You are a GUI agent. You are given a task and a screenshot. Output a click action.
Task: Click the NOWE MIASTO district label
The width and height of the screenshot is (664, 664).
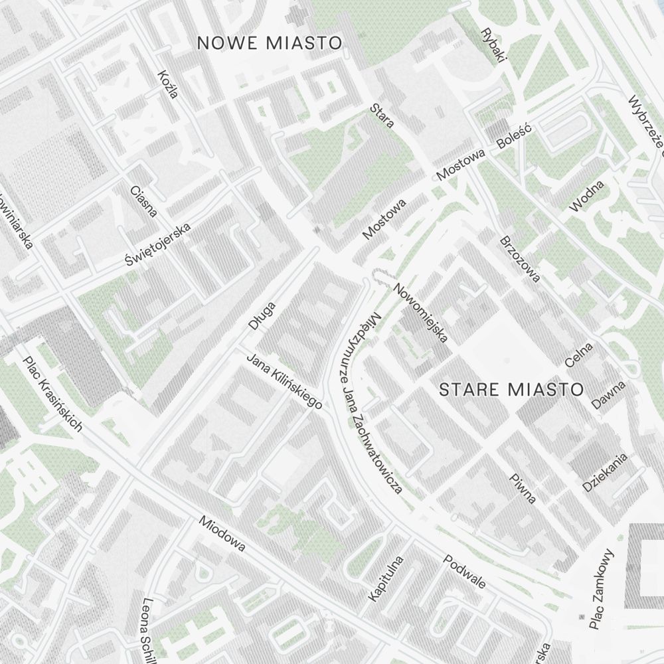coord(270,43)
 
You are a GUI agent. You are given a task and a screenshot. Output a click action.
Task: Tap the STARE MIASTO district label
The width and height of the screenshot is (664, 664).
coord(511,389)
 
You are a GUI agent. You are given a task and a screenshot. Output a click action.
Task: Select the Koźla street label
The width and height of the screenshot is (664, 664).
coord(168,84)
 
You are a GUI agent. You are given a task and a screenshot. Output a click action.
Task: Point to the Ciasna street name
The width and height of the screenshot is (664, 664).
coord(144,201)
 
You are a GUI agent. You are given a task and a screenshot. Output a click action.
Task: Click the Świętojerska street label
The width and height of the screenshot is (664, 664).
coord(158,245)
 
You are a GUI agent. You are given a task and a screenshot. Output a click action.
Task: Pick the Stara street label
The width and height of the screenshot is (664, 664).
coord(383,115)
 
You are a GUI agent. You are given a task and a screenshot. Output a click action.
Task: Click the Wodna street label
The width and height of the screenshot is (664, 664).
coord(587,196)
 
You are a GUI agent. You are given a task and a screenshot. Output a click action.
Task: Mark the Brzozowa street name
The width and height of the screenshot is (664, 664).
coord(519,258)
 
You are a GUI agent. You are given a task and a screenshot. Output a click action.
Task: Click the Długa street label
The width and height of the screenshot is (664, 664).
coord(262,316)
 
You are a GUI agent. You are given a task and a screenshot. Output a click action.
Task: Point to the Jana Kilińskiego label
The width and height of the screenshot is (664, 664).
coord(284,381)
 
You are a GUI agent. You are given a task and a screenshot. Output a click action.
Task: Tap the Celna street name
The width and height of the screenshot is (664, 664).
coord(578,355)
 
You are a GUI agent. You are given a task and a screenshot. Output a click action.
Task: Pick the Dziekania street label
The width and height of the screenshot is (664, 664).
coord(605,473)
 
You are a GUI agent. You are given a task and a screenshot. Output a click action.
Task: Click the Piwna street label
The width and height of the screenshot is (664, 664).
coord(523,489)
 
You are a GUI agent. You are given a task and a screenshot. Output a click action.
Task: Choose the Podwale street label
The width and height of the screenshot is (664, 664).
coord(465,572)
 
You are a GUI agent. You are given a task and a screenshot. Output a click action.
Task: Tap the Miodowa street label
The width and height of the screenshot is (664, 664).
coord(222,534)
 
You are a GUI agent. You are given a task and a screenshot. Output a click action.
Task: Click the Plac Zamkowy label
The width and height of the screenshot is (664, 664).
coord(602,589)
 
